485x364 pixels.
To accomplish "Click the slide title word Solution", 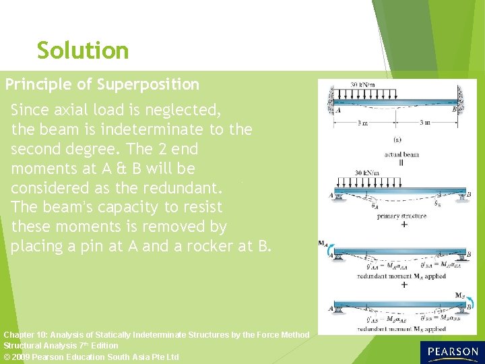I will click(x=82, y=51).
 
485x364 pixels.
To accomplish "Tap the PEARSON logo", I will click(x=452, y=352).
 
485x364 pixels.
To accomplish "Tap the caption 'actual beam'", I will click(x=401, y=154).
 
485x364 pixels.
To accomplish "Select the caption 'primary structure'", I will click(x=401, y=216).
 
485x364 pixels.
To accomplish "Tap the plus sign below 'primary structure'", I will click(x=403, y=224).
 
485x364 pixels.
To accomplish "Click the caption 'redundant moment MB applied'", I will click(x=401, y=330).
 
